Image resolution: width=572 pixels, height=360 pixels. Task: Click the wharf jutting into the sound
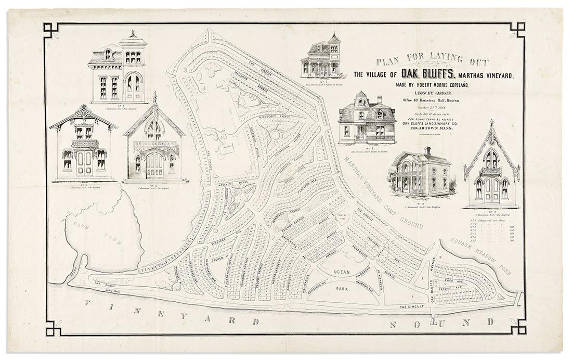click(x=434, y=318)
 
